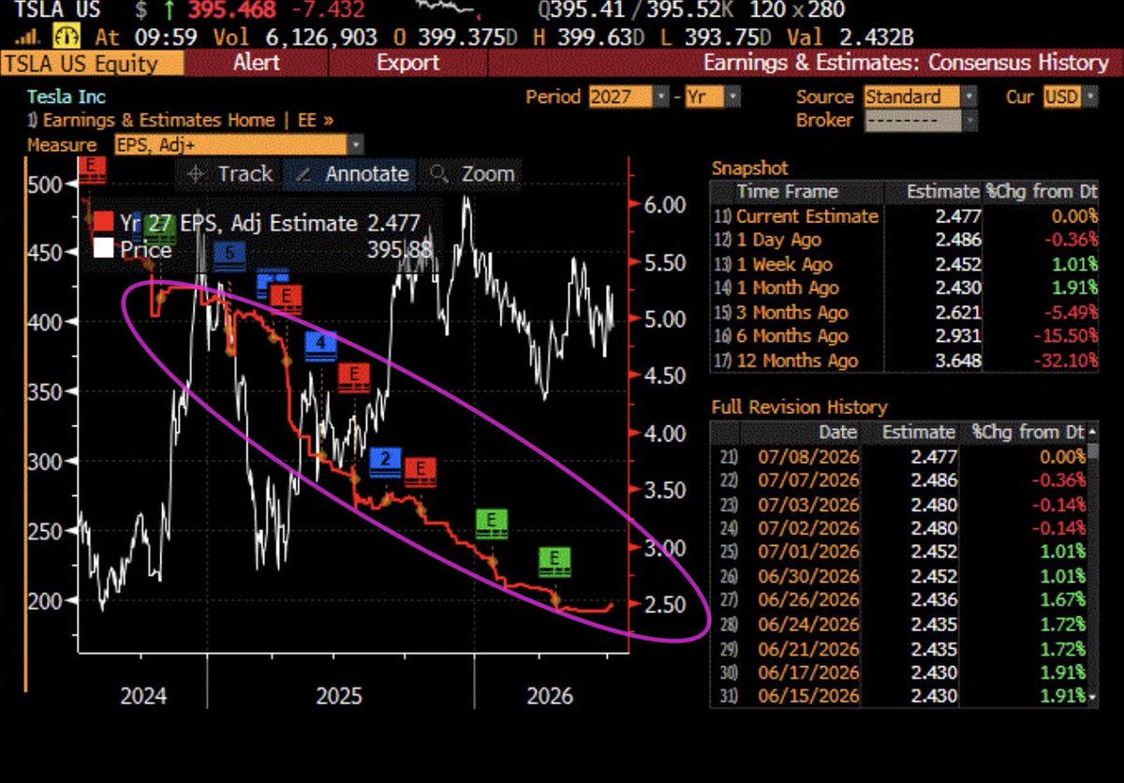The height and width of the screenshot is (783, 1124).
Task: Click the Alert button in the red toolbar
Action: [x=257, y=63]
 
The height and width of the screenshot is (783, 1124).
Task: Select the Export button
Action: [x=407, y=63]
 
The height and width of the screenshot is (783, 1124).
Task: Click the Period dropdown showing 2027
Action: [x=629, y=96]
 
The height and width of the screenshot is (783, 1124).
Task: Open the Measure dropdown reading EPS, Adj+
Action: [x=239, y=145]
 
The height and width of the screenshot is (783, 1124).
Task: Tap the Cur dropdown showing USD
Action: [x=1070, y=96]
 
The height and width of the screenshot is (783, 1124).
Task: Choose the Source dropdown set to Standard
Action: [x=920, y=96]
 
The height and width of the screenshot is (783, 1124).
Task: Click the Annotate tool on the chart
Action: [x=350, y=174]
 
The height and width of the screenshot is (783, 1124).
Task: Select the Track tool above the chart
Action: [x=229, y=174]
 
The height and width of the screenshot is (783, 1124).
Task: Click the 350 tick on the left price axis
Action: [x=45, y=391]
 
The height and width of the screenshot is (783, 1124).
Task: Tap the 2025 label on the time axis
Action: [x=339, y=696]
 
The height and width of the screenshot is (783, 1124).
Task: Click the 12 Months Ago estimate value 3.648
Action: [x=958, y=361]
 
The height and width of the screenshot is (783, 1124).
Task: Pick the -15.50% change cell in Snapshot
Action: [x=1065, y=336]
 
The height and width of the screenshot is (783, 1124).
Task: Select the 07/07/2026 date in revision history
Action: [x=808, y=480]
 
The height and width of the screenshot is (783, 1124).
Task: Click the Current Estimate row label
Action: [x=806, y=216]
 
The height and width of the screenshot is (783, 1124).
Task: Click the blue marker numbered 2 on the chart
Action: [x=385, y=462]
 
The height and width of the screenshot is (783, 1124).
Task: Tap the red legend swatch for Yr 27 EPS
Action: [x=103, y=222]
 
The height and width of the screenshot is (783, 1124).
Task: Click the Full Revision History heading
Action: [x=799, y=407]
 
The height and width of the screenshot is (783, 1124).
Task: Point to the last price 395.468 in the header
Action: [x=232, y=9]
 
